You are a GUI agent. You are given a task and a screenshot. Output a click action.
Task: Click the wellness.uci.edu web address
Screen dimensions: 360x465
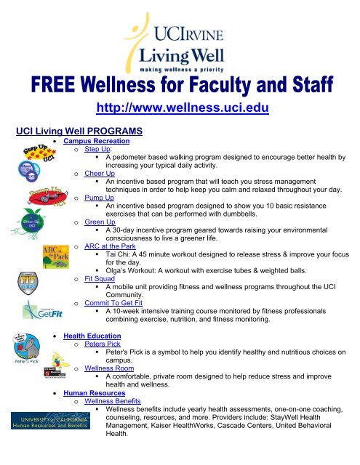[x=183, y=109]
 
